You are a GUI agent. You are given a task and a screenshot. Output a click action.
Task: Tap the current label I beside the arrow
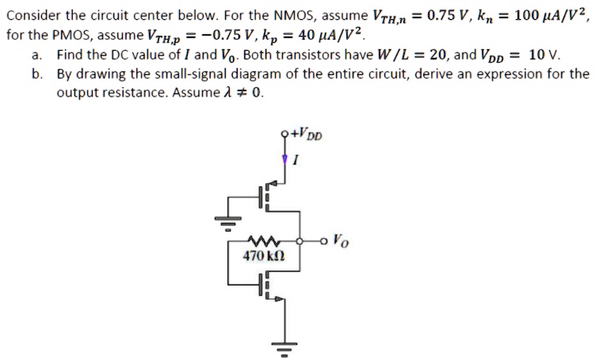[295, 162]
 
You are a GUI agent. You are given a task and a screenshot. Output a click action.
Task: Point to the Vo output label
[339, 238]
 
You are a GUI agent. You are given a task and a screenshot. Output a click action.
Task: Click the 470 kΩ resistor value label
[262, 257]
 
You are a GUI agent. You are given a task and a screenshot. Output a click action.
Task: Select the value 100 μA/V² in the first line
[552, 15]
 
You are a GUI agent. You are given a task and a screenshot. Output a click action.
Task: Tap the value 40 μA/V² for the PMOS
[334, 36]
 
